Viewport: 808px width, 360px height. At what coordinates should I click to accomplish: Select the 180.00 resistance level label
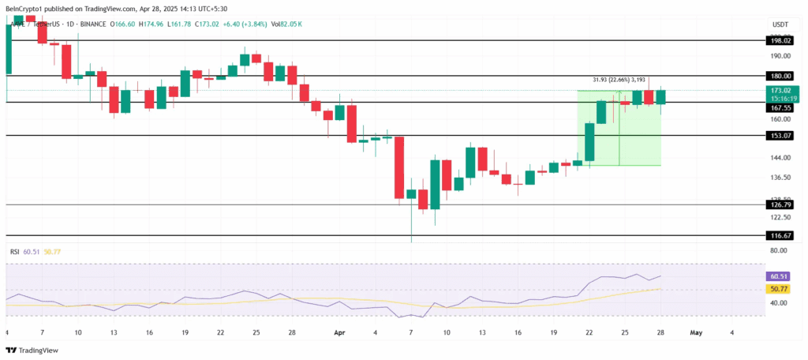pos(780,76)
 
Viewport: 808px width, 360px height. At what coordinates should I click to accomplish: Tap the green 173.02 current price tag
pos(780,91)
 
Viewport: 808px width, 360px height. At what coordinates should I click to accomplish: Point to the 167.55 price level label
pos(780,107)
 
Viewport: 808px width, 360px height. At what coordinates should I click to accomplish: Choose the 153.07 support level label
pos(780,136)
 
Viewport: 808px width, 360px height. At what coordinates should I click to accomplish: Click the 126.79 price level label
pos(780,204)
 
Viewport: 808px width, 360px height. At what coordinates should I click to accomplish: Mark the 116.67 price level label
pos(780,235)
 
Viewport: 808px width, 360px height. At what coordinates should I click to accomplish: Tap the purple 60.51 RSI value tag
pos(780,277)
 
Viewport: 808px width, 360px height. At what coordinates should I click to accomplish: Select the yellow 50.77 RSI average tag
pos(780,290)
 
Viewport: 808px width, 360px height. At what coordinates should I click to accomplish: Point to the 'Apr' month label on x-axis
pos(339,332)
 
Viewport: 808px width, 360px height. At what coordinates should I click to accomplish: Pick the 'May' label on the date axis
pos(695,332)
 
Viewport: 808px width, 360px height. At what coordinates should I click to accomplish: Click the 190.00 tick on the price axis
pos(780,56)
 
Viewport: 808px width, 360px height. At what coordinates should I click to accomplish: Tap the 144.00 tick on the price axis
pos(780,158)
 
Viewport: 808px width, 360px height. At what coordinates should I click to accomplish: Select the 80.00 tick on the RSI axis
pos(780,251)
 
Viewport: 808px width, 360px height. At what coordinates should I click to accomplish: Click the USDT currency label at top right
pos(780,24)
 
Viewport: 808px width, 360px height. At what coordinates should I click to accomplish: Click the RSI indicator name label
pos(14,252)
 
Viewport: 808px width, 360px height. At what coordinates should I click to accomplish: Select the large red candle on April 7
pos(399,167)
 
